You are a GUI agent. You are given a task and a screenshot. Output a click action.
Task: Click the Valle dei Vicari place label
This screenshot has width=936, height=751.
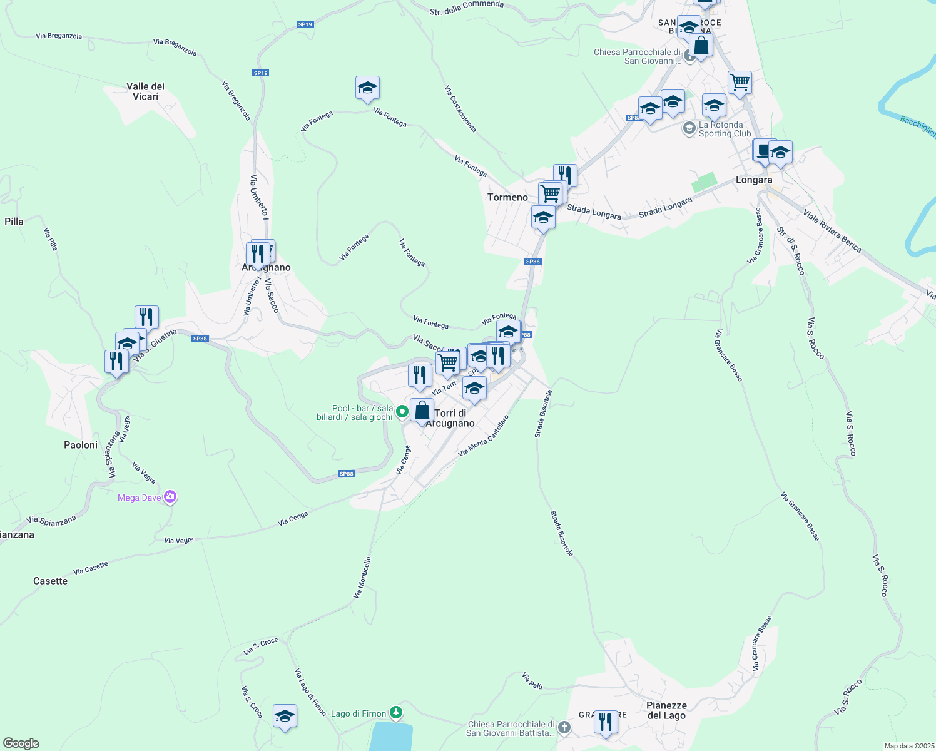tap(145, 91)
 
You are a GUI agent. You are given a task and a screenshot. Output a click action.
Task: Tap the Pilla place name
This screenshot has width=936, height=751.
tap(14, 222)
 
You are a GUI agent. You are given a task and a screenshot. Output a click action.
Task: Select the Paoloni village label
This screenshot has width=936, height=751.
tap(81, 445)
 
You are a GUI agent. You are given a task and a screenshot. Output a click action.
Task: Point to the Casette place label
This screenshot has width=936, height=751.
tap(50, 581)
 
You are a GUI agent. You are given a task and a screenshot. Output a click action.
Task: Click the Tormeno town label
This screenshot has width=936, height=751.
tap(507, 197)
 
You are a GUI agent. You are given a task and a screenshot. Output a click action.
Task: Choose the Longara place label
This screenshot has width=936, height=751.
tap(754, 180)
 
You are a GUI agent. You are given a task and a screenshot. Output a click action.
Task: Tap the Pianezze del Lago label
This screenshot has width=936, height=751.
tap(666, 710)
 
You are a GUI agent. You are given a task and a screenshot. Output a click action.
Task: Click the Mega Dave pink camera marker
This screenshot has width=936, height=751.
tap(170, 498)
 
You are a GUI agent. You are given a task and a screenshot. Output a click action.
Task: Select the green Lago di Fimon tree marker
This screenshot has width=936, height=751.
tap(395, 713)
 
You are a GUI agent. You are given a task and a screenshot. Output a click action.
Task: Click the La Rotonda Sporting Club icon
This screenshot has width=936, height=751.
tap(689, 129)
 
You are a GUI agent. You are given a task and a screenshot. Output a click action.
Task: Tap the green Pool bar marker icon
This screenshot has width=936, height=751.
tap(402, 412)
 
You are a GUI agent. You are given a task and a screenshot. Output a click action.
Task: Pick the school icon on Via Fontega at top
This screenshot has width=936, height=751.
tap(367, 88)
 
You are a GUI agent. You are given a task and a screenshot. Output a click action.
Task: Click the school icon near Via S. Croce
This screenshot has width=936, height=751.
tap(285, 716)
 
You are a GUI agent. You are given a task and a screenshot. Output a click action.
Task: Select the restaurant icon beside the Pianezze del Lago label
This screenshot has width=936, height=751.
tap(605, 722)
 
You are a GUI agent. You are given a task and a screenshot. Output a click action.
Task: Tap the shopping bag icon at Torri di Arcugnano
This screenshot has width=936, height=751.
tap(422, 411)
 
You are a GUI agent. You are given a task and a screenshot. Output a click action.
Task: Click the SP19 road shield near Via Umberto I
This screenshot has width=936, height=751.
tap(260, 73)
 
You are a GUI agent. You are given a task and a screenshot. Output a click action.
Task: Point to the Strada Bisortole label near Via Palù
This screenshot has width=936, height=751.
tap(562, 533)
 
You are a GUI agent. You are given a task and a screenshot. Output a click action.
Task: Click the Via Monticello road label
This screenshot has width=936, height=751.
tap(362, 578)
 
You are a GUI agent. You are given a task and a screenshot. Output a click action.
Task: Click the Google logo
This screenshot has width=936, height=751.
tap(21, 743)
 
